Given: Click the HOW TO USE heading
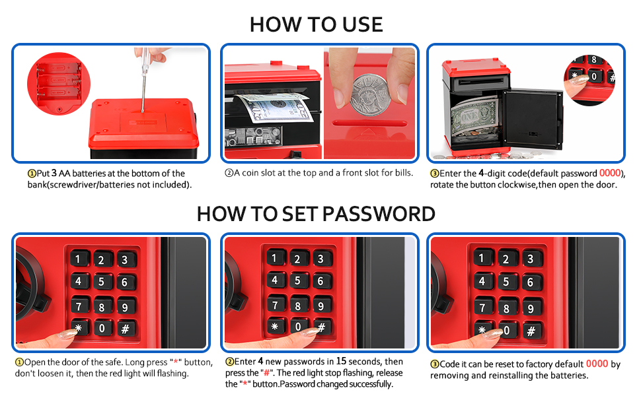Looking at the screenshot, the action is pyautogui.click(x=316, y=24).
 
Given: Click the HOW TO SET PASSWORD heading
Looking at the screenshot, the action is pyautogui.click(x=316, y=214).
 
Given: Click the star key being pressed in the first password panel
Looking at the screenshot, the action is pyautogui.click(x=79, y=328).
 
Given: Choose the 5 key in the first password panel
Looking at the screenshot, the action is pyautogui.click(x=101, y=282).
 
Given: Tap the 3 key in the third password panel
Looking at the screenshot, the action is pyautogui.click(x=530, y=259).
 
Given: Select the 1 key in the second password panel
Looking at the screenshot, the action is pyautogui.click(x=275, y=258).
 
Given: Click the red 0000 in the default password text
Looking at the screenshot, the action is pyautogui.click(x=611, y=174).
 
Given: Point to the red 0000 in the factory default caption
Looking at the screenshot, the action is pyautogui.click(x=597, y=364).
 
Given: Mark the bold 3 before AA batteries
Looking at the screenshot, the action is pyautogui.click(x=53, y=174).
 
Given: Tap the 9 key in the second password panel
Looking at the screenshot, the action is pyautogui.click(x=321, y=305).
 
